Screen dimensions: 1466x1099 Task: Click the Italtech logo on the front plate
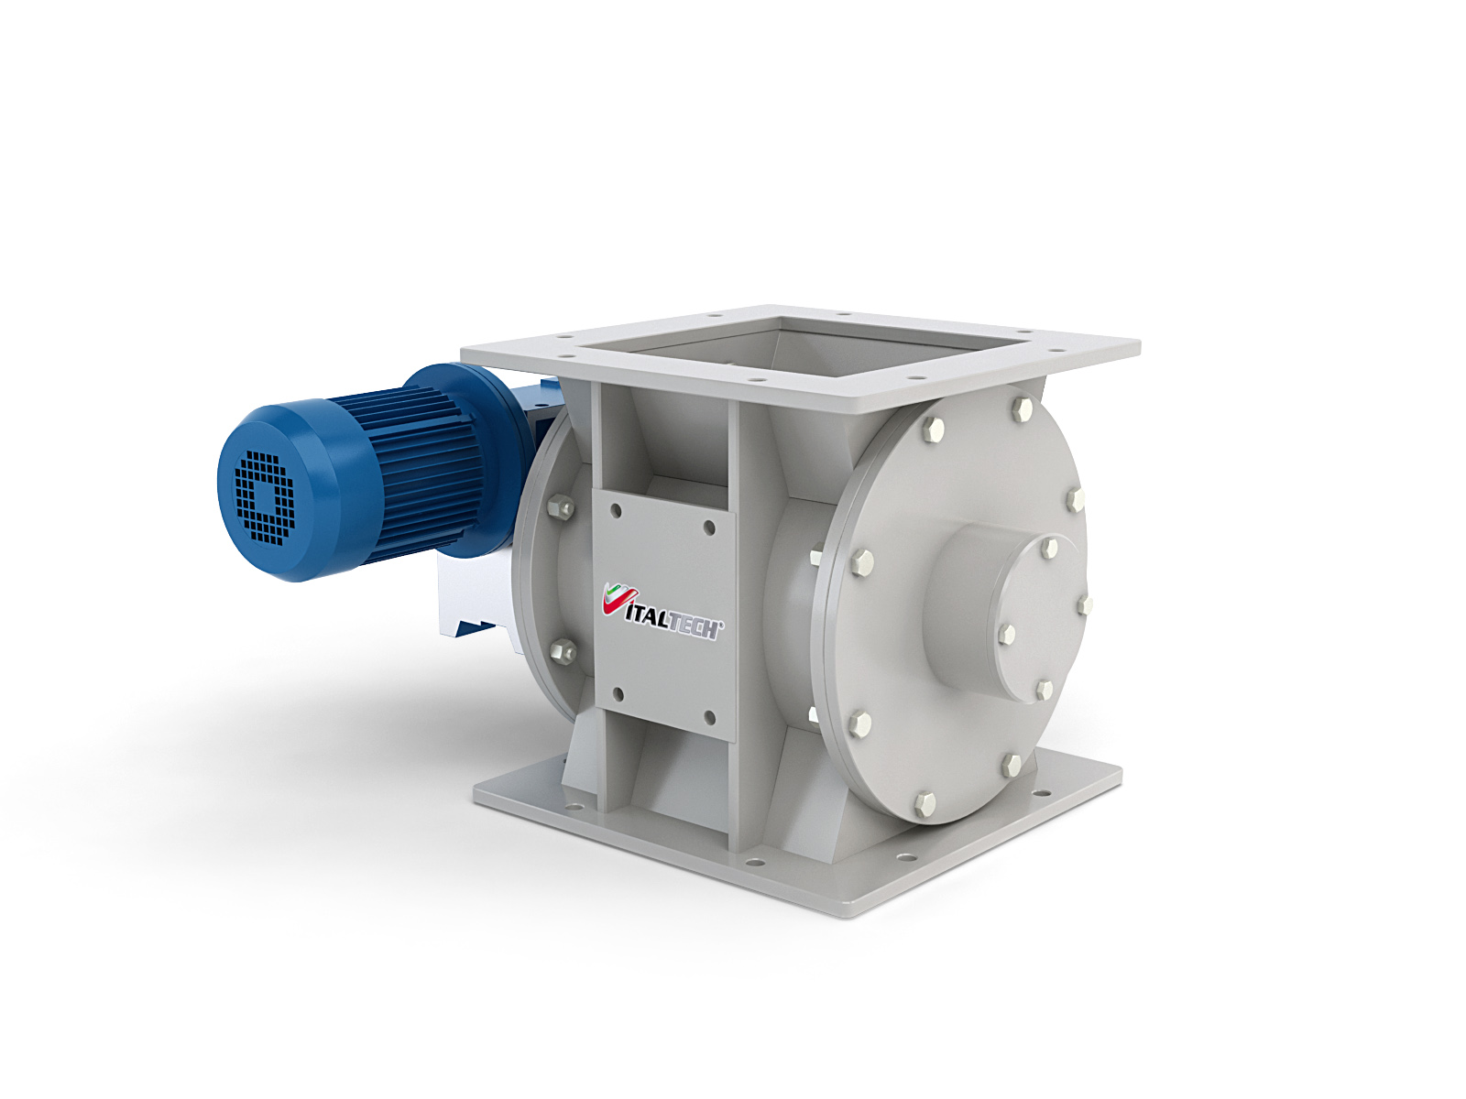pyautogui.click(x=662, y=611)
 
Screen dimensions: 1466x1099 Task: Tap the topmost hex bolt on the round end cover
pyautogui.click(x=1022, y=408)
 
